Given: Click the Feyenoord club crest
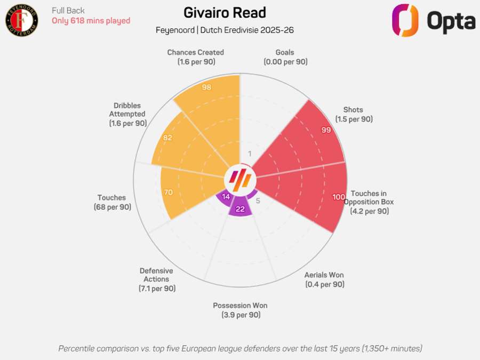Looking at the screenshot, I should [22, 21].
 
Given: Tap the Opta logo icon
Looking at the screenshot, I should [405, 21].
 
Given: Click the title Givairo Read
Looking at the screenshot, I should [225, 13].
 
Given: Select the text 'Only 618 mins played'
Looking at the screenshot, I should [91, 21].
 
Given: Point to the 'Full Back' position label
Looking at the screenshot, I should [68, 11].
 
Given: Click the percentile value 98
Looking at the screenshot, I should [207, 87].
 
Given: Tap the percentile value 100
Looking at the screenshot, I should [339, 197].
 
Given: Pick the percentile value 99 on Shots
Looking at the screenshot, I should [326, 130].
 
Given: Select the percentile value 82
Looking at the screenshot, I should [167, 138].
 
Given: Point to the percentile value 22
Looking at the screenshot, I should [240, 209].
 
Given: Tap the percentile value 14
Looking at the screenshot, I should [226, 197].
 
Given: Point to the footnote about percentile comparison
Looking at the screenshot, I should [240, 348].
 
